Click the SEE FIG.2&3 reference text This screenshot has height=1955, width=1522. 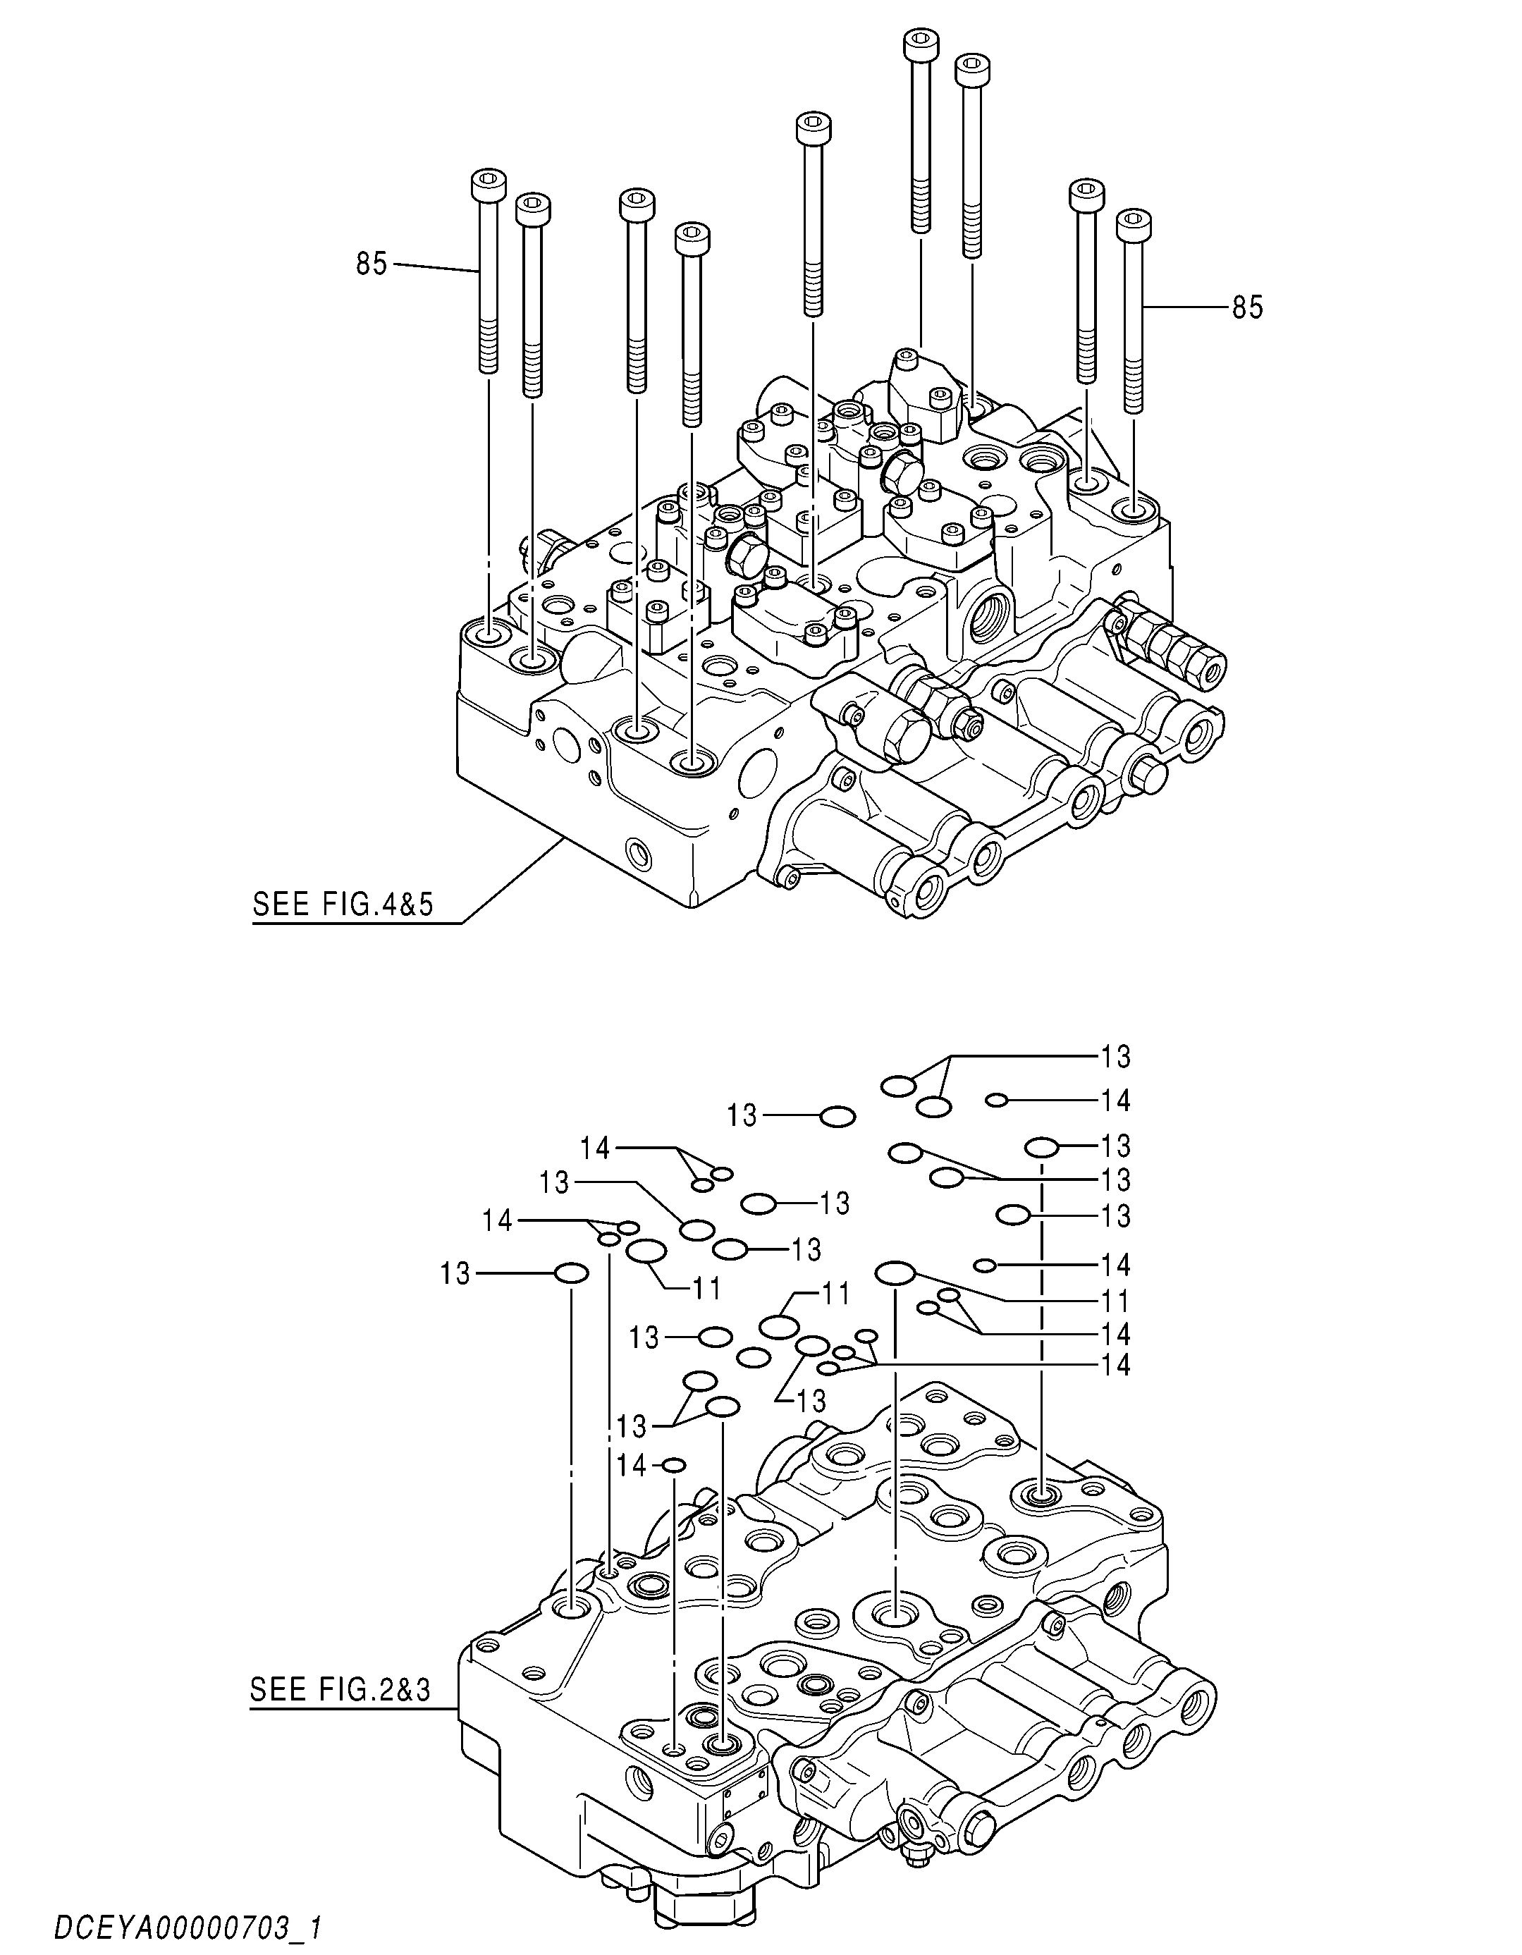tap(340, 1689)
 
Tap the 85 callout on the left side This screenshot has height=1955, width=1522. tap(372, 264)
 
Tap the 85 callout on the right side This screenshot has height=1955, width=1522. tap(1247, 307)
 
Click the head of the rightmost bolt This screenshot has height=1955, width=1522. tap(1134, 223)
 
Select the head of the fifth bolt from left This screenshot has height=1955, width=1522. tap(814, 127)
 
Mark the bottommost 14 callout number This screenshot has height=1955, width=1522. tap(632, 1465)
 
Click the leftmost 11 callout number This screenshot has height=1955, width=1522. tap(706, 1288)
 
